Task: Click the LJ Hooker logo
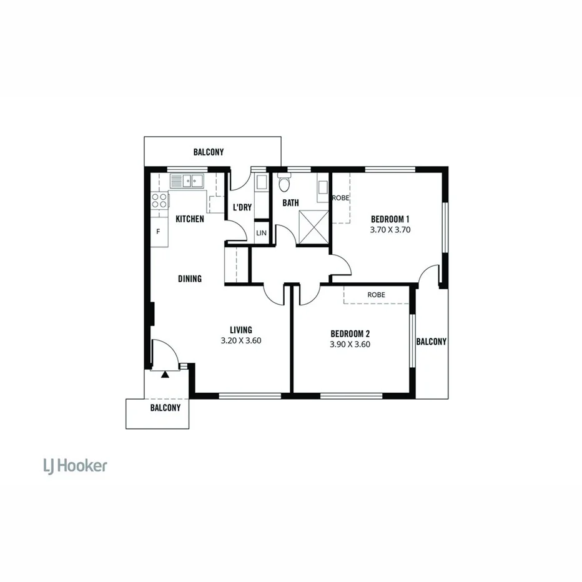(74, 465)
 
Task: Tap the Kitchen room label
(189, 219)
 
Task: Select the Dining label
(189, 279)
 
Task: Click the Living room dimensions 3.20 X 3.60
(241, 341)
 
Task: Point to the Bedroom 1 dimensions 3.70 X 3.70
(390, 229)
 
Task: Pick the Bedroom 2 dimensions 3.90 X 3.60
(350, 343)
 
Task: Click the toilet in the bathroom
(284, 184)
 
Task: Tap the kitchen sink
(187, 181)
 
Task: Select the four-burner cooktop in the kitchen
(159, 200)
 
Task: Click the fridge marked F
(158, 232)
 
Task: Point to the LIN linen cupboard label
(260, 233)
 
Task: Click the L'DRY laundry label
(242, 207)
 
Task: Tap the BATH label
(290, 202)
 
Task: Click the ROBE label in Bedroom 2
(376, 295)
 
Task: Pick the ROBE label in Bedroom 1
(340, 198)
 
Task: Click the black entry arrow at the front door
(165, 374)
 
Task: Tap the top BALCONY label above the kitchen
(209, 152)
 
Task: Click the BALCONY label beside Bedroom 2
(432, 342)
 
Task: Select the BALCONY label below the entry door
(165, 408)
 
